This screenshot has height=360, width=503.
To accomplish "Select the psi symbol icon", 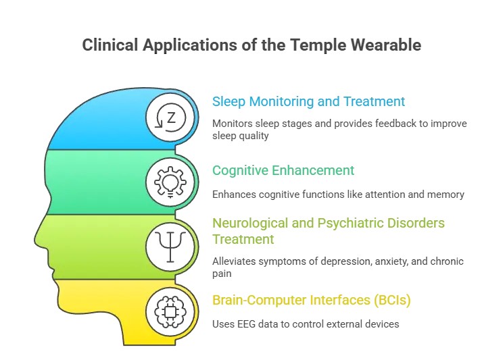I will (x=170, y=246).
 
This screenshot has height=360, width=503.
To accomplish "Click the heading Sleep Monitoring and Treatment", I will (x=308, y=102).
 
